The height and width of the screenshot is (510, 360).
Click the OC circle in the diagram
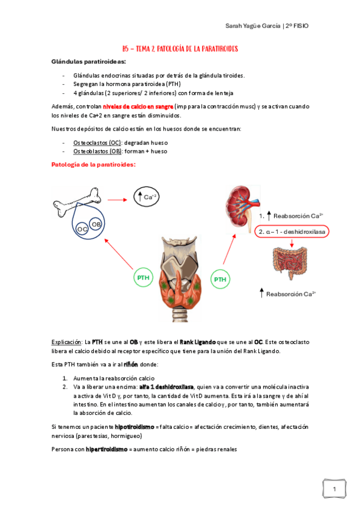(x=82, y=229)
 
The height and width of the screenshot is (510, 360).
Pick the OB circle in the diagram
(x=96, y=224)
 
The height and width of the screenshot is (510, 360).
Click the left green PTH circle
(x=143, y=278)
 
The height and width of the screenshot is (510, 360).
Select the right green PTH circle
(x=221, y=279)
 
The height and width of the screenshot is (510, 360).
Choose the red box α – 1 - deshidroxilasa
(x=292, y=232)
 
